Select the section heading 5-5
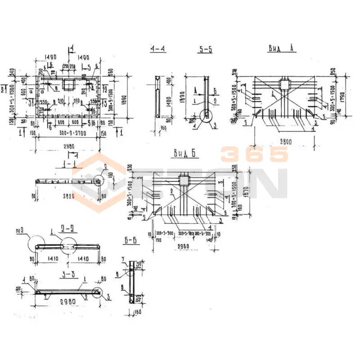[x=205, y=49]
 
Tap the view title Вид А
[x=282, y=48]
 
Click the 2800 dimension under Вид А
[x=284, y=142]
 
